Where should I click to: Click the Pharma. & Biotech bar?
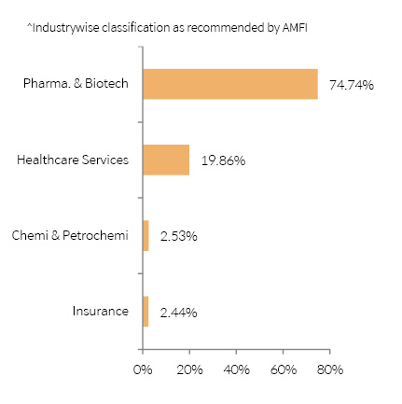pyautogui.click(x=230, y=84)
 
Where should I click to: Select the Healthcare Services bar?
pyautogui.click(x=166, y=160)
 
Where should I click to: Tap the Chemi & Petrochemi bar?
pyautogui.click(x=146, y=236)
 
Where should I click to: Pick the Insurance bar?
pyautogui.click(x=146, y=312)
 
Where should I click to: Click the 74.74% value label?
pyautogui.click(x=352, y=85)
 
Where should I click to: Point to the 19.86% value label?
pyautogui.click(x=223, y=160)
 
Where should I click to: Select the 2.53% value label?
pyautogui.click(x=179, y=236)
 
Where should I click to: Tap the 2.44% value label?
pyautogui.click(x=178, y=313)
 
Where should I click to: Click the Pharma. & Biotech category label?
pyautogui.click(x=76, y=83)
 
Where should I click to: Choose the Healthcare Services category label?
pyautogui.click(x=73, y=160)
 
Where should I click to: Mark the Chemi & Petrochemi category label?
pyautogui.click(x=70, y=235)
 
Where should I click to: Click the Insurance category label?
pyautogui.click(x=101, y=311)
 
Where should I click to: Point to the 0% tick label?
pyautogui.click(x=143, y=369)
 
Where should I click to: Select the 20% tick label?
pyautogui.click(x=189, y=369)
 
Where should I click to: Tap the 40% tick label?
pyautogui.click(x=236, y=369)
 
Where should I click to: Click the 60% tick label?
pyautogui.click(x=284, y=369)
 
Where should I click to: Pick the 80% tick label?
pyautogui.click(x=330, y=369)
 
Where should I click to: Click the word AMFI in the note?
pyautogui.click(x=295, y=28)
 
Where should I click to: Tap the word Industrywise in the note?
pyautogui.click(x=65, y=28)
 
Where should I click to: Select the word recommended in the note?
pyautogui.click(x=225, y=28)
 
